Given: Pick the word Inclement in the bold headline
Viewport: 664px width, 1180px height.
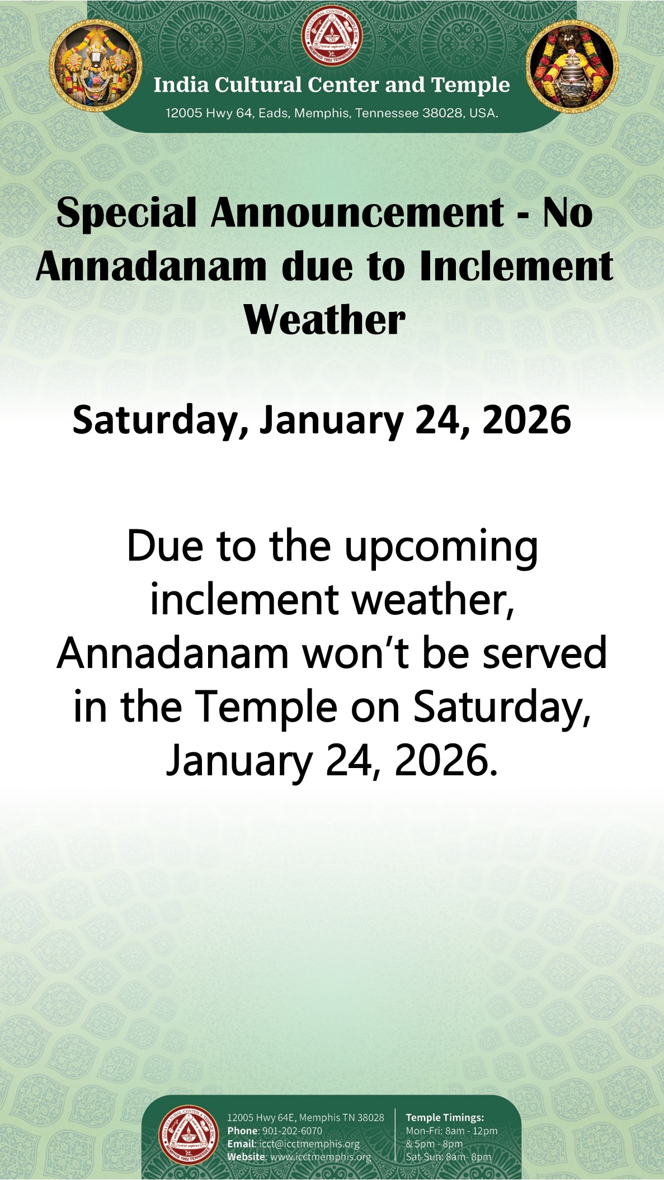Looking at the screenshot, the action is [x=516, y=266].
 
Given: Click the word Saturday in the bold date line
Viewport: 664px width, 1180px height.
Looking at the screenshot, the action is [x=161, y=421].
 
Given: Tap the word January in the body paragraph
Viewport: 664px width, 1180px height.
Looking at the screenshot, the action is [x=239, y=762].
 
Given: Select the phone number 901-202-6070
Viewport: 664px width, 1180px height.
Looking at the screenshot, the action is [x=292, y=1130].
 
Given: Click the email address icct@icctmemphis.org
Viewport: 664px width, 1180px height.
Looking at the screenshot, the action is [x=309, y=1144].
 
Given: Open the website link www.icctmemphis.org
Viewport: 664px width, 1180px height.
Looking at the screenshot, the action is [x=321, y=1157].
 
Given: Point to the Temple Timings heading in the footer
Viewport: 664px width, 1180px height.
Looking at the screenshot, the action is [x=445, y=1117].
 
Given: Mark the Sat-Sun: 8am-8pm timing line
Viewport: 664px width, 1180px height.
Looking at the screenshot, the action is [x=449, y=1157].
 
